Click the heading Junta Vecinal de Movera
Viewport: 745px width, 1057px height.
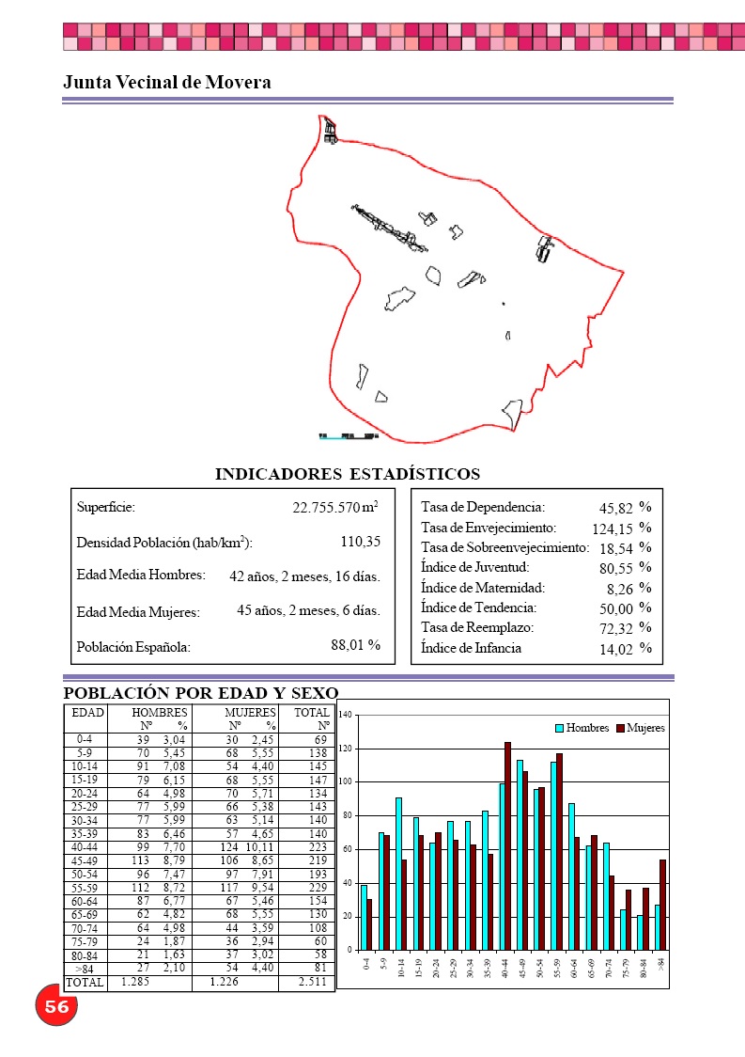point(167,83)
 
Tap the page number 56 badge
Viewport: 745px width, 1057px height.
point(56,1006)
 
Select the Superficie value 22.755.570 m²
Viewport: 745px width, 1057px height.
point(334,508)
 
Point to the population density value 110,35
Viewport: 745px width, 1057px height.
point(360,542)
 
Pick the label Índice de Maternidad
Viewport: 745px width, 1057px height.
point(483,588)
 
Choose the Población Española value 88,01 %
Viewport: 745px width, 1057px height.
point(355,645)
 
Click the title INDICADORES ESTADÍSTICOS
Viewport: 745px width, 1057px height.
point(348,474)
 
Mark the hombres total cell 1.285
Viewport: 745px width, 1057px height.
point(135,983)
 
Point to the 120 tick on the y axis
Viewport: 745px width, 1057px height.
point(346,749)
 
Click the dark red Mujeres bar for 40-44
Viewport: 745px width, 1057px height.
point(507,845)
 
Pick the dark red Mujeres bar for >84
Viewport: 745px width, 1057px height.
point(662,905)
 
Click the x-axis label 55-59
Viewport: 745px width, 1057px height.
point(558,966)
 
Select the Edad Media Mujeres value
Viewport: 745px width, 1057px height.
point(308,611)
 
